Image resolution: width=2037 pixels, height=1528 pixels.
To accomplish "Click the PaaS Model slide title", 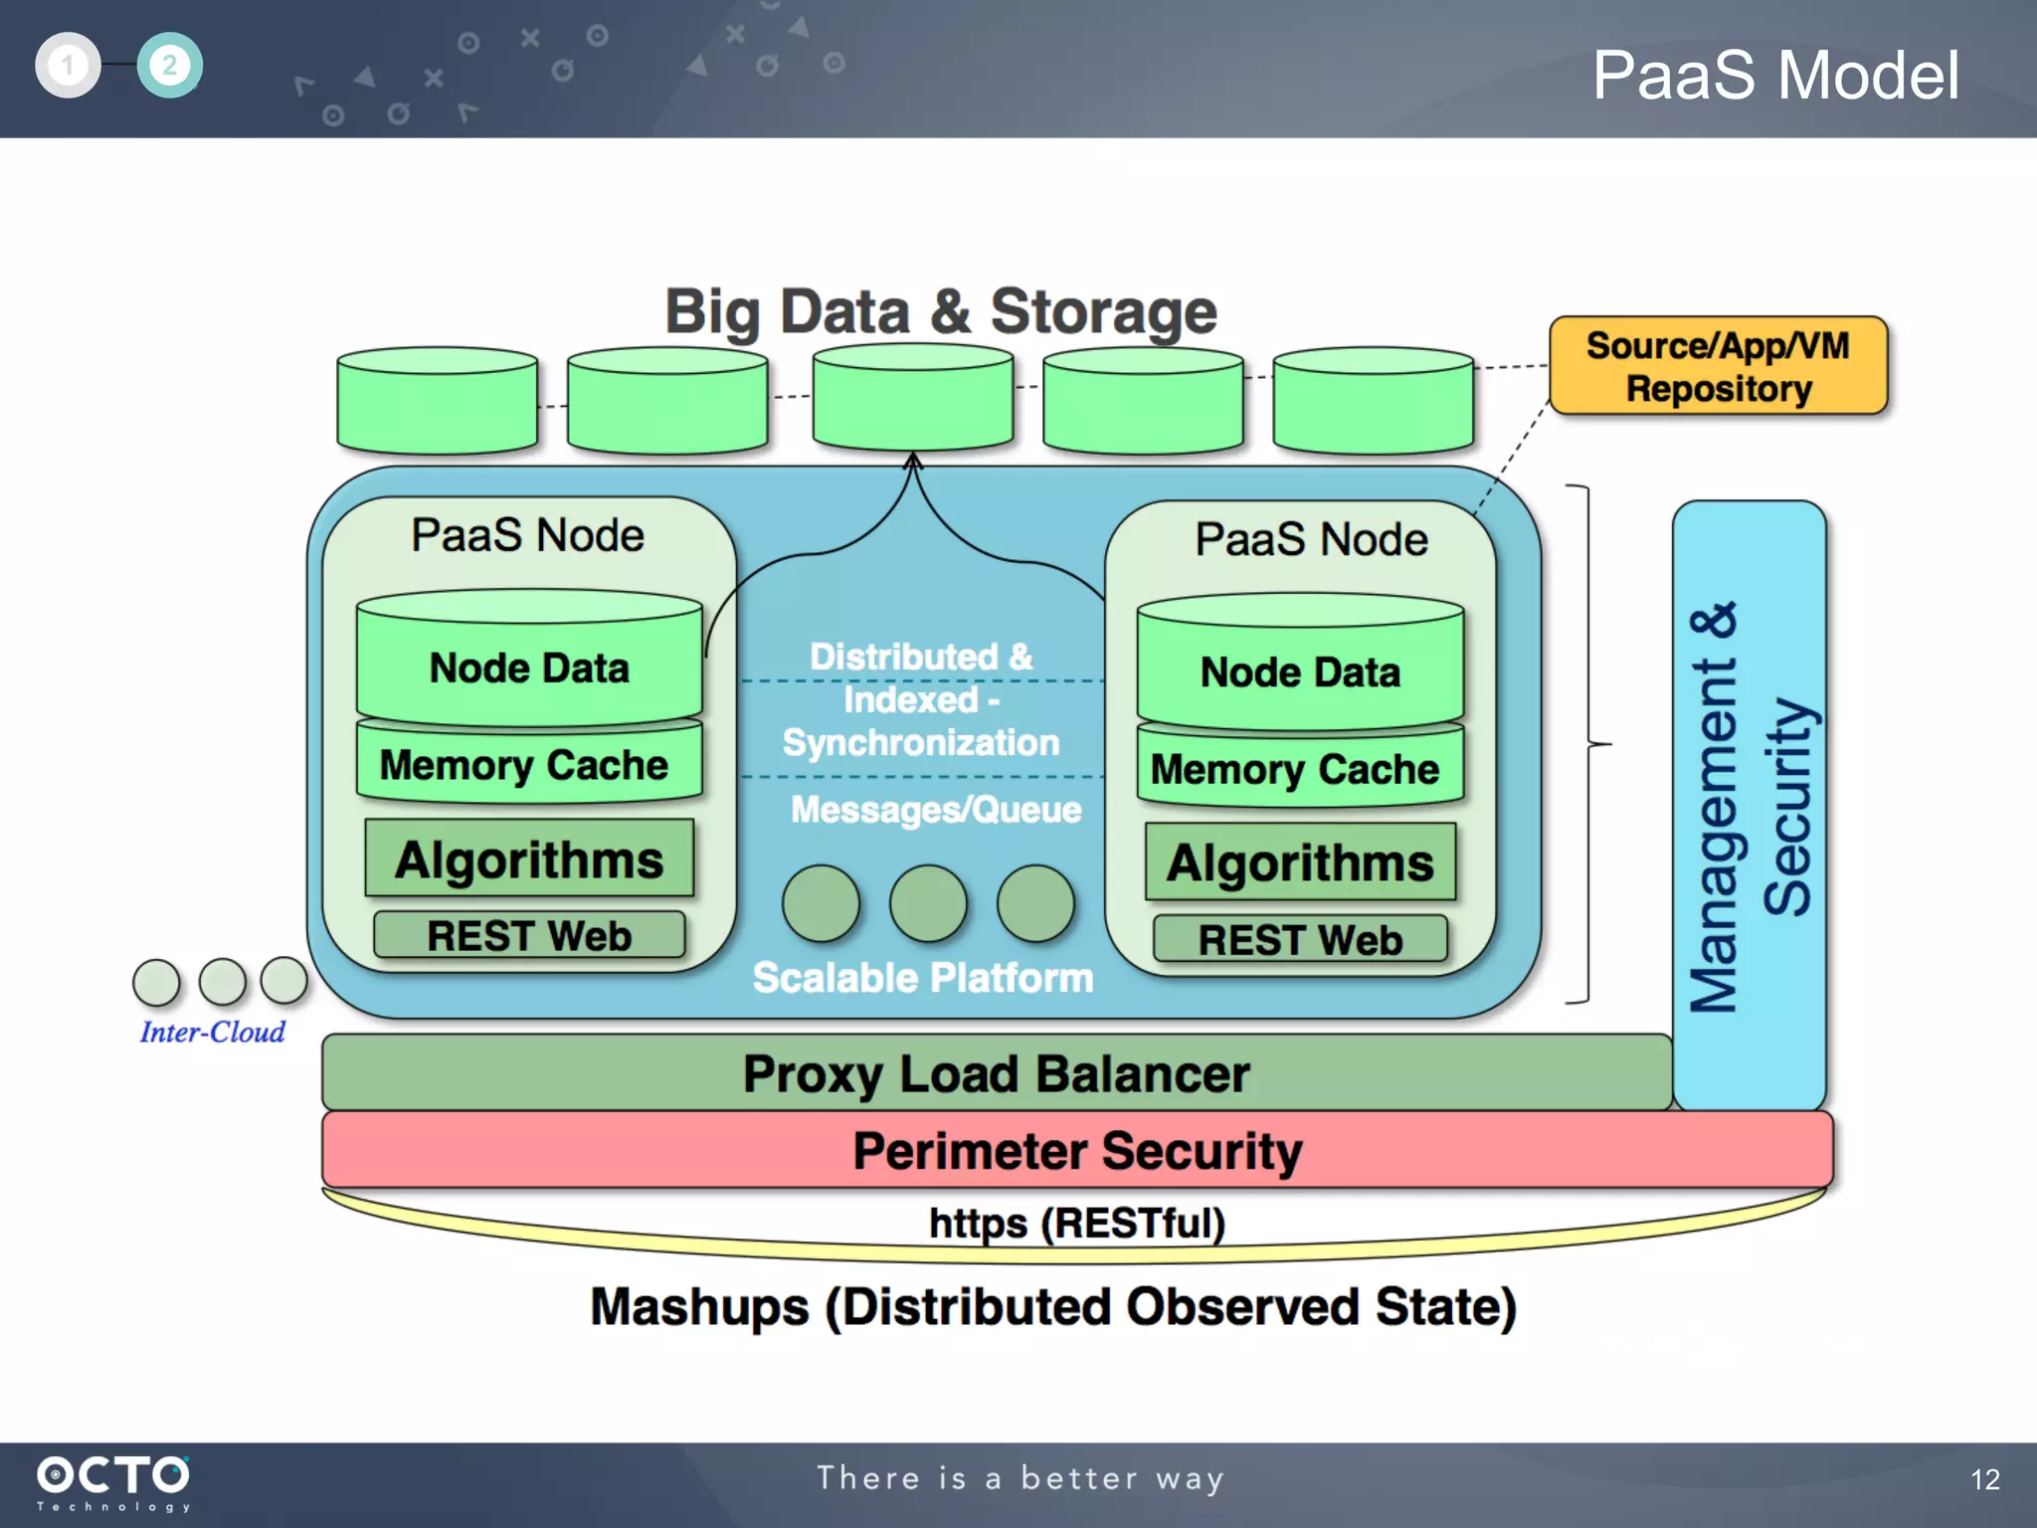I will coord(1775,76).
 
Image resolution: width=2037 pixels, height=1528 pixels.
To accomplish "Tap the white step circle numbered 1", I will coord(68,66).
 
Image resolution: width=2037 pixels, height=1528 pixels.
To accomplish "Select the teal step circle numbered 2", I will coord(169,66).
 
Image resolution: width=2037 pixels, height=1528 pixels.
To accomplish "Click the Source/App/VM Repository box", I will coord(1718,366).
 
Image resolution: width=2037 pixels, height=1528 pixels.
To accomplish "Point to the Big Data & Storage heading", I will coord(940,311).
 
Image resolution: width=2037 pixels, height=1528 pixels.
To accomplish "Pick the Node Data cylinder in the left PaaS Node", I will coord(529,662).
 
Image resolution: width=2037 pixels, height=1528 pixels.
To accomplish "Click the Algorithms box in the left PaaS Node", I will coord(529,859).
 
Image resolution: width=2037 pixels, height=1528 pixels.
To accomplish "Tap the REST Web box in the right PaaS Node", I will coord(1299,940).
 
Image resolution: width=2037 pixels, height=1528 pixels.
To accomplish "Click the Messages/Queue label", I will coord(935,810).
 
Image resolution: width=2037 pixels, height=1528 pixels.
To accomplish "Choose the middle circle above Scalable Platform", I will coord(927,903).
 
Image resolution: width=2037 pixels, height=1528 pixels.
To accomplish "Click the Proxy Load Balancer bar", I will coord(995,1073).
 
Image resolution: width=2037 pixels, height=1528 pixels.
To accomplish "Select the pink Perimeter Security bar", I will coord(1076,1151).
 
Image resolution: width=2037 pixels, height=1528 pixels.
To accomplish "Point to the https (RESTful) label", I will coord(1076,1224).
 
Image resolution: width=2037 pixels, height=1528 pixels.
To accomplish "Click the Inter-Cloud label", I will coord(212,1033).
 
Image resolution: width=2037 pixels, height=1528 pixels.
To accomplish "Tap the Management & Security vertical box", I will coord(1749,806).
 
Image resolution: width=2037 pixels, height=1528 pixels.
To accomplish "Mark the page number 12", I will coord(1984,1479).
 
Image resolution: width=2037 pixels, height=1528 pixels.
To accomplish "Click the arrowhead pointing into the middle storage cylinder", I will coord(912,461).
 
